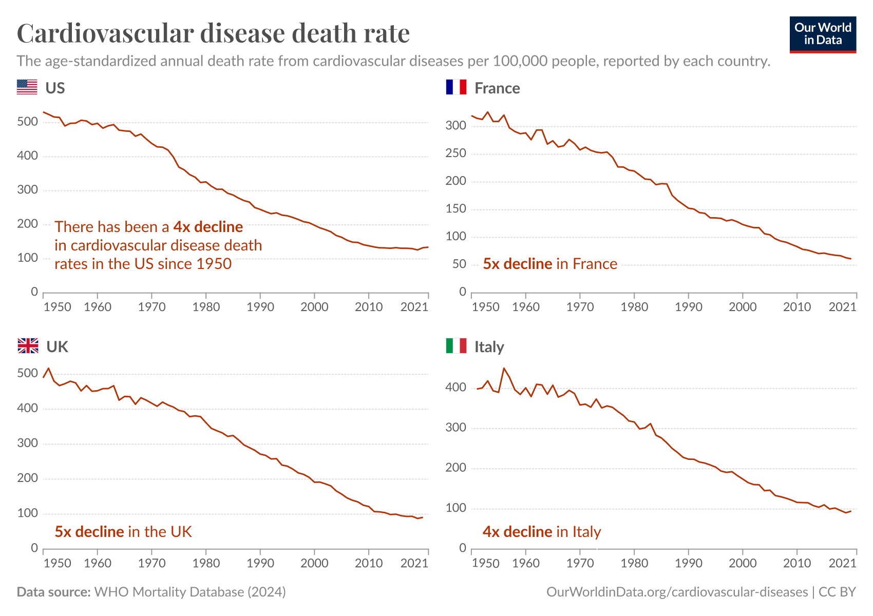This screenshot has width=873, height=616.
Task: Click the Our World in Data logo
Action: click(x=823, y=34)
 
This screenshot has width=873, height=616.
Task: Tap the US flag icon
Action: click(x=27, y=87)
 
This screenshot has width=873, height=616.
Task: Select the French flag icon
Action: click(x=456, y=87)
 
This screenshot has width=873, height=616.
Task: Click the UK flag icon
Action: click(x=28, y=346)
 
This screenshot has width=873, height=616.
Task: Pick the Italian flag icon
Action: click(x=456, y=346)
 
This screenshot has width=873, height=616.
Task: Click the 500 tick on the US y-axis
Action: click(x=27, y=122)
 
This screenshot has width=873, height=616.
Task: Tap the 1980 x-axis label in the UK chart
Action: click(x=206, y=563)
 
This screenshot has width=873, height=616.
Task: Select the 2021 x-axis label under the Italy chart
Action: click(x=842, y=563)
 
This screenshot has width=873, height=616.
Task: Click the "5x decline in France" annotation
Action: click(x=550, y=264)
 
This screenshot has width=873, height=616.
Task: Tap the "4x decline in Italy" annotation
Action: click(x=541, y=532)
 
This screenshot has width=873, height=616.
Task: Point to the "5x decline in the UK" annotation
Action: click(x=123, y=532)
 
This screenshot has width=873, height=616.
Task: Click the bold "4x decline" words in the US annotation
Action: click(x=208, y=227)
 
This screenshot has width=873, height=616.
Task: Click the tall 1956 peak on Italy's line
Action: click(x=504, y=368)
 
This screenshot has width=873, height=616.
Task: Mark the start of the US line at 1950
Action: click(x=44, y=112)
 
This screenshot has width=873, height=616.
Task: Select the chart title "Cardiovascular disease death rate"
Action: click(x=213, y=33)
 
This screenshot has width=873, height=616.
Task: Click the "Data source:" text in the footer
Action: click(x=53, y=592)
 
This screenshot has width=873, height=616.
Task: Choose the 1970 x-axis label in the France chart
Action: click(x=580, y=307)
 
